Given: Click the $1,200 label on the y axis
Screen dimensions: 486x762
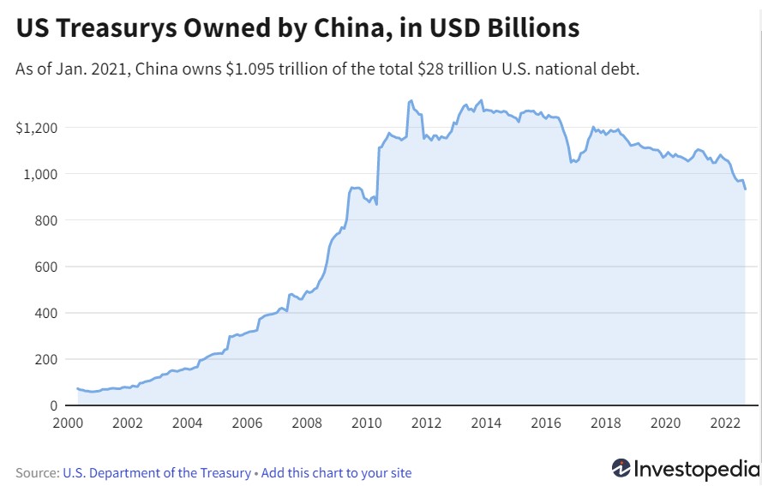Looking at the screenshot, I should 36,128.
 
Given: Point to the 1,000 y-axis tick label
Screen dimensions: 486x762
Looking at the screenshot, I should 39,174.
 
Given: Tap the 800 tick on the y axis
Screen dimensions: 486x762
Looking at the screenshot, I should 45,220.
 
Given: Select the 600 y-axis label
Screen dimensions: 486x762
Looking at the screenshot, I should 45,267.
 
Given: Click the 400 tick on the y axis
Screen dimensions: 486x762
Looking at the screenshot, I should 45,313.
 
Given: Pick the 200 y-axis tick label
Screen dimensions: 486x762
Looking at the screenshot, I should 45,359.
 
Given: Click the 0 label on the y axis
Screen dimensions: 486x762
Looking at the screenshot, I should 53,405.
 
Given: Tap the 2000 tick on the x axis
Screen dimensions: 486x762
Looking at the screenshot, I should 67,423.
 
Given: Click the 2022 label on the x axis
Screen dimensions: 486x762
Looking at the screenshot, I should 726,423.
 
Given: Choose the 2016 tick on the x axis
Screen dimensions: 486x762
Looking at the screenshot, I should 546,423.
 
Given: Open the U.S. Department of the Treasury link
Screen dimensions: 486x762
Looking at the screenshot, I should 157,472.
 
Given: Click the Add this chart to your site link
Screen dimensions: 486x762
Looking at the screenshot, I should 336,472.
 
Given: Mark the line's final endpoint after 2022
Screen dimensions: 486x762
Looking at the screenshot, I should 745,189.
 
